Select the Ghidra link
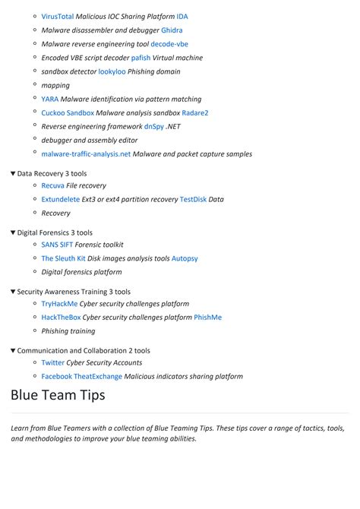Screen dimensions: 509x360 172,30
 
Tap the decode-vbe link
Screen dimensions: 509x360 169,44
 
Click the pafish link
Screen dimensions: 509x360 141,58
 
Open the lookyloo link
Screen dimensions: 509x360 112,71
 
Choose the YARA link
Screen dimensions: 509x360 50,99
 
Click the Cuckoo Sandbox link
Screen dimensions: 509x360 68,112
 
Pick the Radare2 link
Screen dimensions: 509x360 194,112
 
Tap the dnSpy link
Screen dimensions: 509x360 153,126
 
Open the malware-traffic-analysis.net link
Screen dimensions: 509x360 86,154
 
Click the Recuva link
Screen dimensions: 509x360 52,185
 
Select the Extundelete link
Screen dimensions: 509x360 60,199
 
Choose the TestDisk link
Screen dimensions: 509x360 193,199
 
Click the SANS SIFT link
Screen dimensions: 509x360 57,245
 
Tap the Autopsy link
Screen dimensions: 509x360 185,258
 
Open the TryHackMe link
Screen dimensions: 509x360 60,303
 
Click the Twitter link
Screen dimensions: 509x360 53,362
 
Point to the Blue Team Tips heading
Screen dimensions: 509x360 58,396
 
